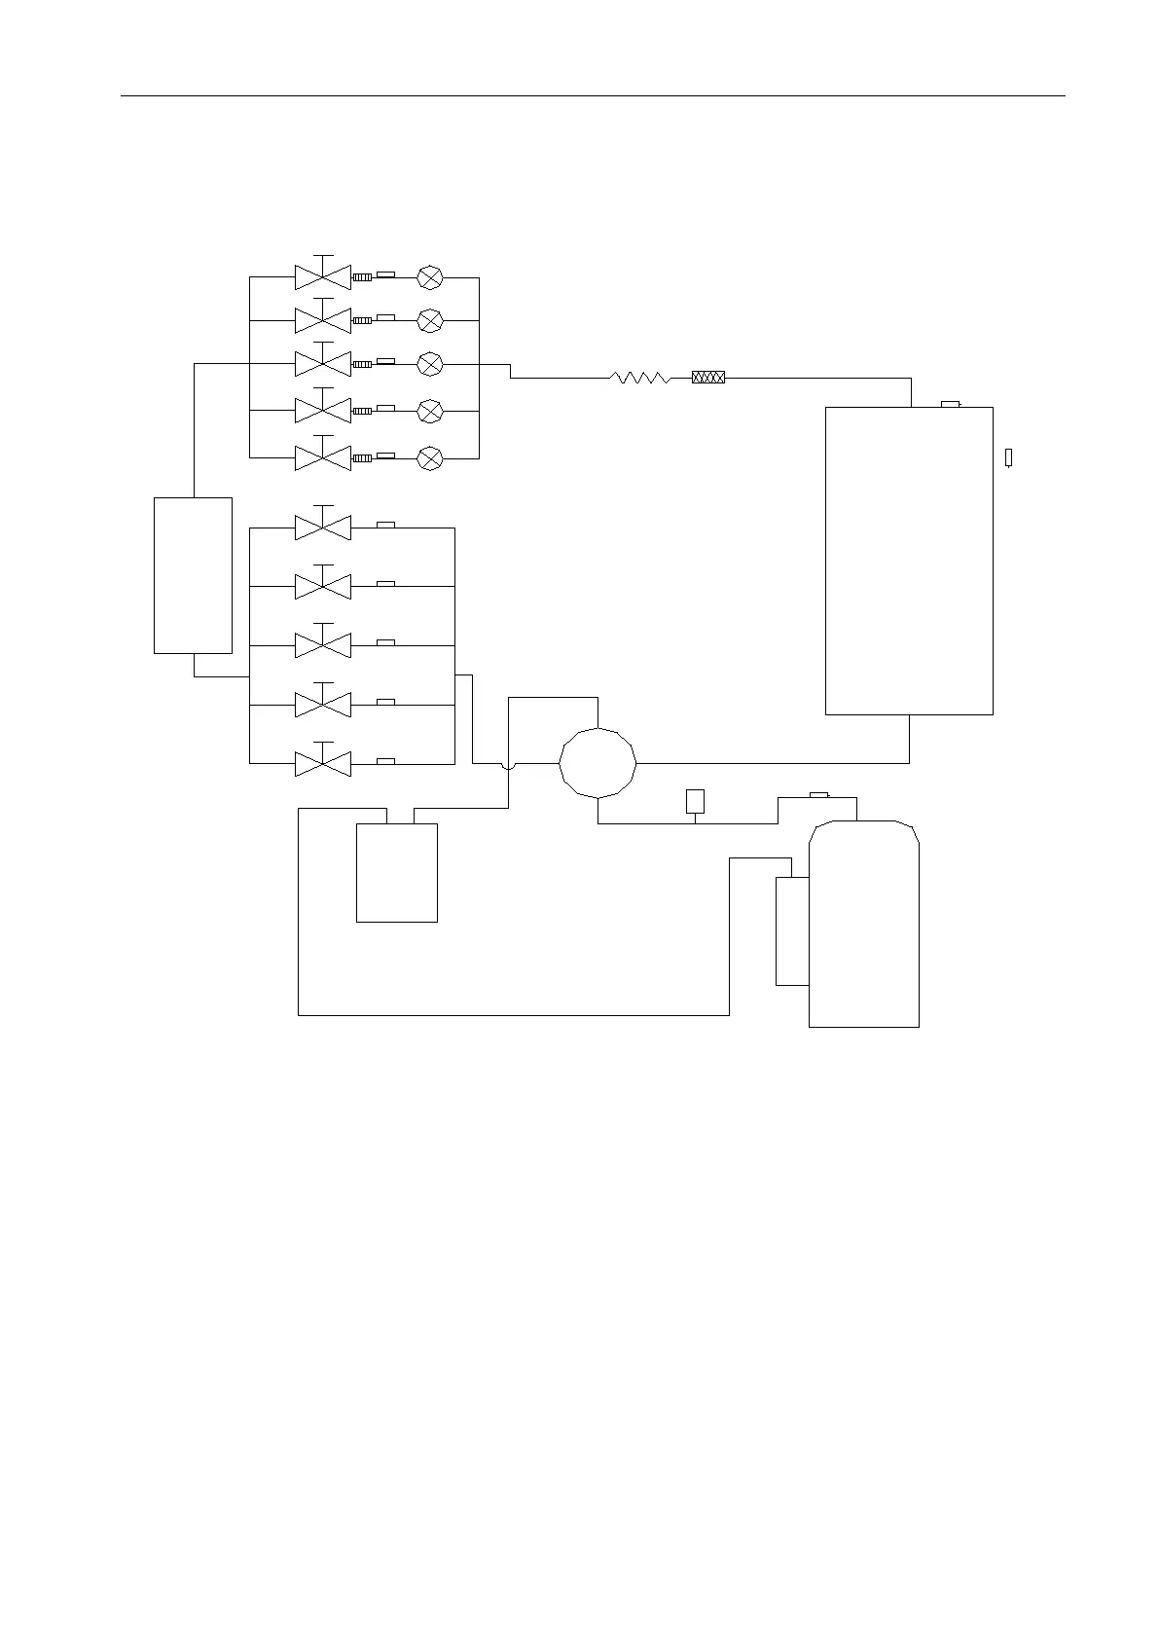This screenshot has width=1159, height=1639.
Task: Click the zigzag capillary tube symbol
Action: tap(639, 378)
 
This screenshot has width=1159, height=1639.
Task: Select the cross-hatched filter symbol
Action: tap(707, 378)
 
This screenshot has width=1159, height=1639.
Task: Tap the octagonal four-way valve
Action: tap(598, 763)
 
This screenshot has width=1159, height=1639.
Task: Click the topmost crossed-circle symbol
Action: tap(429, 277)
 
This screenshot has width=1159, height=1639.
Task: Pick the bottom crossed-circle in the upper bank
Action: tap(429, 457)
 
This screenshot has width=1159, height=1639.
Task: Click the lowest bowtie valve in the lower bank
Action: tap(322, 763)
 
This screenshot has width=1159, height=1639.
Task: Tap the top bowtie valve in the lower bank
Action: tap(322, 528)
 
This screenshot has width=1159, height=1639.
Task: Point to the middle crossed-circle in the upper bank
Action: tap(429, 364)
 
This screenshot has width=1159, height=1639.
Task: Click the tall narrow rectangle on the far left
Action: tap(193, 575)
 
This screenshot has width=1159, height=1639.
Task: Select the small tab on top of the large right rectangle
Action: tap(950, 404)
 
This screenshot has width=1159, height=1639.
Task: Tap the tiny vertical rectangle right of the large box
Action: tap(1008, 457)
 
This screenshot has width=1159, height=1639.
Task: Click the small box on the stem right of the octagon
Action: tap(695, 801)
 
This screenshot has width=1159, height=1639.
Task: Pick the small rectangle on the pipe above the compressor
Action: tap(818, 795)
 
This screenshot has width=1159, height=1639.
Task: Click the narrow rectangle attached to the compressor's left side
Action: tap(792, 931)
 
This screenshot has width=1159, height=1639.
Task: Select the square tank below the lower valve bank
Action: tap(396, 872)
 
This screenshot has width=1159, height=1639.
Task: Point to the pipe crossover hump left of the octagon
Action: tap(508, 766)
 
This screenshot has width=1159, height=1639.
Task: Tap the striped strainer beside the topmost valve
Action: tap(361, 277)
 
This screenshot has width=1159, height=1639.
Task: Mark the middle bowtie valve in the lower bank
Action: tap(322, 645)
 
